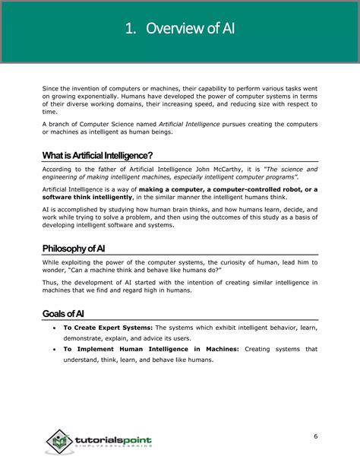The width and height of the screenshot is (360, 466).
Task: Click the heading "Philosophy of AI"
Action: point(74,249)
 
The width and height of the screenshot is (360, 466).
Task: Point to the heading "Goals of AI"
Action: point(64,314)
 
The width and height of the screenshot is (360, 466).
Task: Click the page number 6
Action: point(315,436)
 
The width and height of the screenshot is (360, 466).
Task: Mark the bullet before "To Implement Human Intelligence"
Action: point(52,350)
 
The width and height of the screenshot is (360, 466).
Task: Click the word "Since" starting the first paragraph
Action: point(50,88)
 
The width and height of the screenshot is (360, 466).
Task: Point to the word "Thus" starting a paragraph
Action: point(49,282)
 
